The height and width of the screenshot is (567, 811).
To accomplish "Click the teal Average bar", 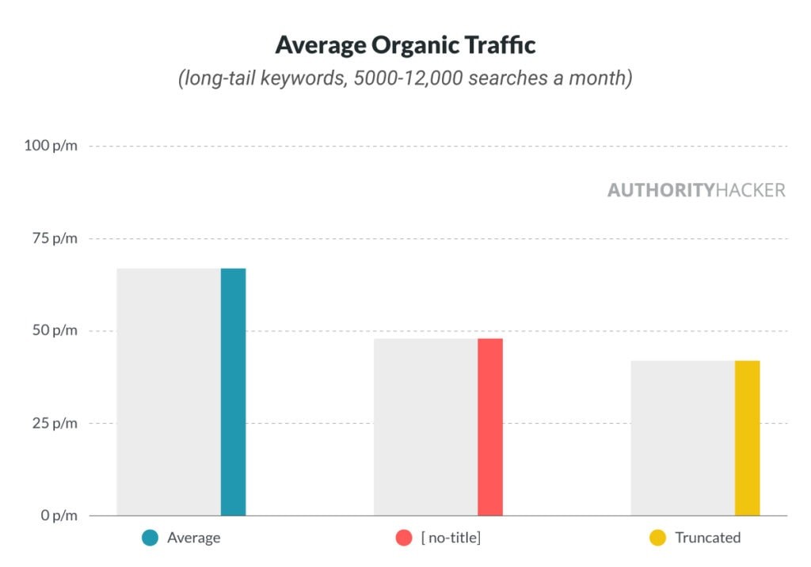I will (233, 392).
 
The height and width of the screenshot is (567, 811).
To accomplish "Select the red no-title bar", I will (490, 427).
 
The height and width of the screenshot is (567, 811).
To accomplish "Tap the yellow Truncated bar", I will (747, 438).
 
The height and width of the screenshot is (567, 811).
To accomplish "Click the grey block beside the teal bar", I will (168, 392).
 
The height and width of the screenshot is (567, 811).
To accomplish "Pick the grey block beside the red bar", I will (425, 427).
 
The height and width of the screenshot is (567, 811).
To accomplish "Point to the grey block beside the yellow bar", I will (683, 438).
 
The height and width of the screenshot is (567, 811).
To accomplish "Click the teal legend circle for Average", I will (150, 538).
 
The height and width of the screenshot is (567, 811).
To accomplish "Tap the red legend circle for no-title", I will (404, 538).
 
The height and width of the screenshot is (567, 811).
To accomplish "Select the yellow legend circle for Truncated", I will (657, 538).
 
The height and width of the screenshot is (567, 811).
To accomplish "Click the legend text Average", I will (193, 538).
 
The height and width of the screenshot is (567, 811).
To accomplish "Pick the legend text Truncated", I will (707, 538).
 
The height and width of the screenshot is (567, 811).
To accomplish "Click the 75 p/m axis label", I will (54, 239).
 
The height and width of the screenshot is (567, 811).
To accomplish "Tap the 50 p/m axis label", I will (54, 331).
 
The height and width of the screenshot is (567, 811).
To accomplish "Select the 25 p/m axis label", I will (54, 424).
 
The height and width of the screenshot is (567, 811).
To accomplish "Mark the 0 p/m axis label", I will (58, 516).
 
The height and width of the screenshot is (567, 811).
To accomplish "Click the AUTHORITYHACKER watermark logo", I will (696, 191).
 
